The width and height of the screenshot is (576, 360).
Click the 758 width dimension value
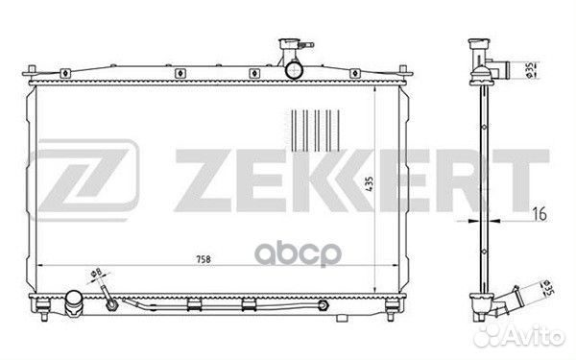pos(204,259)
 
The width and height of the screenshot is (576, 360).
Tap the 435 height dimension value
pos(370,183)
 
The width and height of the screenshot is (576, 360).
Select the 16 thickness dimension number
pos(540,214)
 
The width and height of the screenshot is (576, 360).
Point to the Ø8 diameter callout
pos(96,273)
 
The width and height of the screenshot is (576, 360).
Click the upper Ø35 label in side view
pos(530,70)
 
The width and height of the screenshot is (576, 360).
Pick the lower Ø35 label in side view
pos(548,288)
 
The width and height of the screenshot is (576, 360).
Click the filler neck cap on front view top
pos(290,44)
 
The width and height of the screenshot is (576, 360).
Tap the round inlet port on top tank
pos(294,70)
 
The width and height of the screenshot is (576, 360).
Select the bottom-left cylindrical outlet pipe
pos(74,302)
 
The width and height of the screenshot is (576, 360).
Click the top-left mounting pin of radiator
pos(32,70)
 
